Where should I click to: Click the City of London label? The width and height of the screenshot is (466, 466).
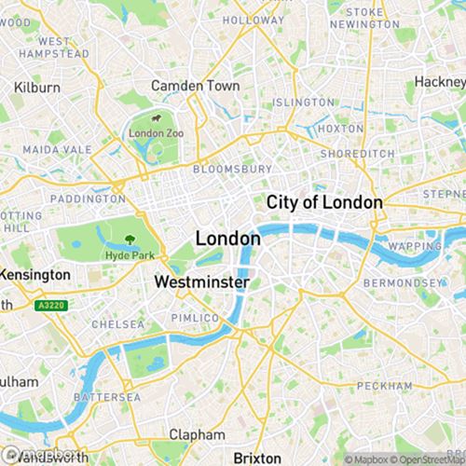324,202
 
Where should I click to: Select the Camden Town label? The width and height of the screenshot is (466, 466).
196,86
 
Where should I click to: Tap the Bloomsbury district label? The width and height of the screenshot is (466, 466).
232,170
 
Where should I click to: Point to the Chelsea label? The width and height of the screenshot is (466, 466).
117,324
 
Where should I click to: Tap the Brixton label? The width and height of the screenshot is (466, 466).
256,458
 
